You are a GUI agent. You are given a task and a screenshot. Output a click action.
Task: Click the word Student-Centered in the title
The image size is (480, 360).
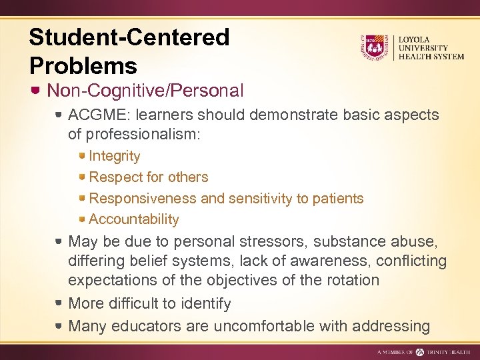point(129,37)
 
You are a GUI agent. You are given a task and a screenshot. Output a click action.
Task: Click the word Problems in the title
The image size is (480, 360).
point(83,65)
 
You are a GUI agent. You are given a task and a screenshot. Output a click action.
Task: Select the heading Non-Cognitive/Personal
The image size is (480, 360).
point(145,90)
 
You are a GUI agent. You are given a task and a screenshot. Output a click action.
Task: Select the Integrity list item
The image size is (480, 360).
point(114,156)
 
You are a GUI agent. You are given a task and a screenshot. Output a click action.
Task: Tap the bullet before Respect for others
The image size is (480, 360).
point(81,177)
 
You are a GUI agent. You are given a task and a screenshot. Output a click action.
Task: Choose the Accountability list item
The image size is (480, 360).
point(133,219)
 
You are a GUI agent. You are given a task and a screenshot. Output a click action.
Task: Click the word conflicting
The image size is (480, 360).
point(407,260)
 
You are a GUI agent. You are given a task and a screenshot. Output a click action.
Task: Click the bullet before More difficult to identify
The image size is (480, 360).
point(59,304)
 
